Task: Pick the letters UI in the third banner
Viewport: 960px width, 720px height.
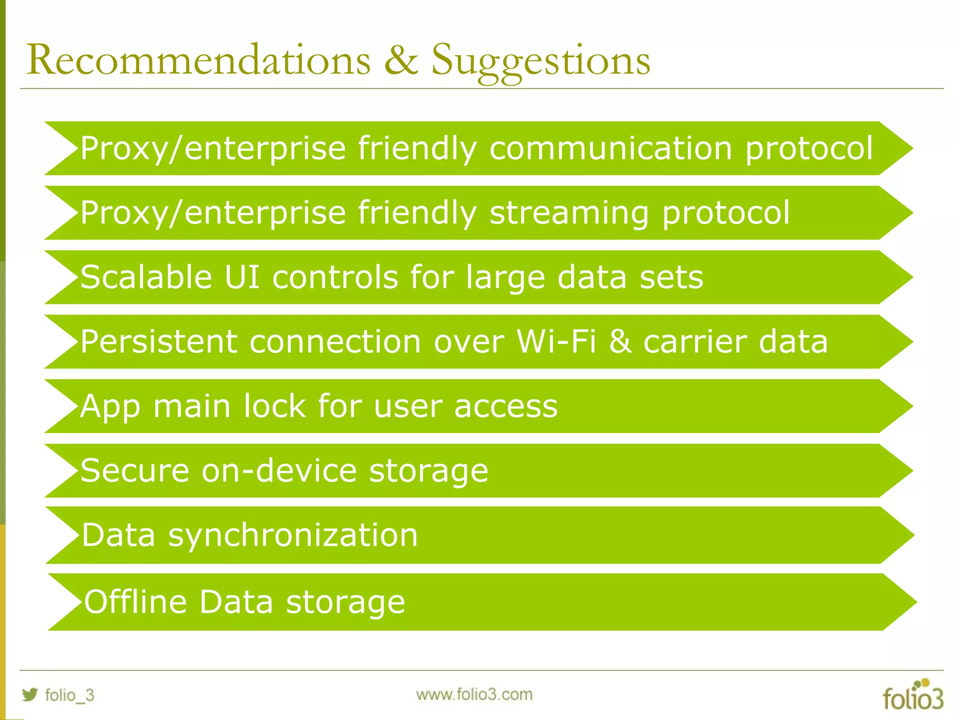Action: pyautogui.click(x=242, y=277)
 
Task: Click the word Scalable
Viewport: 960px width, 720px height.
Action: pyautogui.click(x=146, y=277)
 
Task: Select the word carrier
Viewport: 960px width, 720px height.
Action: pyautogui.click(x=695, y=341)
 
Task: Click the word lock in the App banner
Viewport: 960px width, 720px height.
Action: pyautogui.click(x=274, y=406)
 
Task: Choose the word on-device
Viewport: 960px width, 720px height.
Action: pyautogui.click(x=279, y=471)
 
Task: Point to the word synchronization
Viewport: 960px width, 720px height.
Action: pyautogui.click(x=292, y=535)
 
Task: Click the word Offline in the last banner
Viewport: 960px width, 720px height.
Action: pyautogui.click(x=135, y=602)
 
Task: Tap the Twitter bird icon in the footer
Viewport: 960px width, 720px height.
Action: pyautogui.click(x=30, y=694)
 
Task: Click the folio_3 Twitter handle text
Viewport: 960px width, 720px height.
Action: pyautogui.click(x=69, y=695)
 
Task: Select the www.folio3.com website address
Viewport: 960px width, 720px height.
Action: pyautogui.click(x=474, y=694)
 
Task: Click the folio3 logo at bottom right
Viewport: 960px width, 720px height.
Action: pyautogui.click(x=913, y=695)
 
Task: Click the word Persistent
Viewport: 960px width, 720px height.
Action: pyautogui.click(x=158, y=341)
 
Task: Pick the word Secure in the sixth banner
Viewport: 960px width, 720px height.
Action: pyautogui.click(x=135, y=471)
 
